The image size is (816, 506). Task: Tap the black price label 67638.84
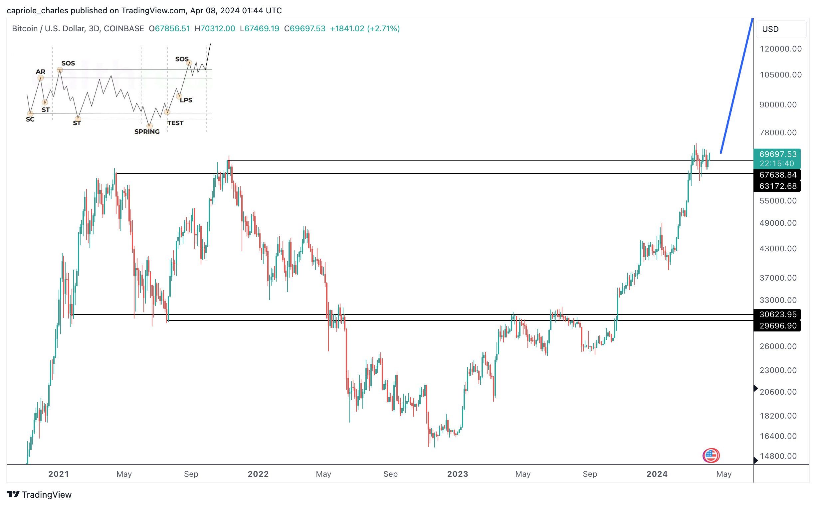coord(777,175)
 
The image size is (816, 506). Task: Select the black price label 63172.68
coord(777,186)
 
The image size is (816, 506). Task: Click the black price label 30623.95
coord(777,315)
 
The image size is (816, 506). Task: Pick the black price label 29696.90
coord(777,326)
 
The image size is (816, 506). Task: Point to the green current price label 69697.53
coord(777,154)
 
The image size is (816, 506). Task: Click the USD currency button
coord(780,29)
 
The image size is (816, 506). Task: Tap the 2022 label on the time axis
coord(258,474)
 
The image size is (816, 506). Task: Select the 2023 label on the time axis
coord(458,474)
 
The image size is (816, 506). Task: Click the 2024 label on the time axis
coord(657,474)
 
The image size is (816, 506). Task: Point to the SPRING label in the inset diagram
coord(147,132)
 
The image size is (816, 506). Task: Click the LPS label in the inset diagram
coord(186,100)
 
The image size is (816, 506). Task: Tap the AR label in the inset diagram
coord(41,71)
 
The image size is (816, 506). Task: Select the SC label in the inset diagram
coord(30,119)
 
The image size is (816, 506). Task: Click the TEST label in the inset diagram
coord(175,123)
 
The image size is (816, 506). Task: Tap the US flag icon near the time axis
coord(711,455)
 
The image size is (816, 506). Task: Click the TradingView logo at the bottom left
coord(39,495)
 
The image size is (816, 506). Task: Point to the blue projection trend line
coord(737,85)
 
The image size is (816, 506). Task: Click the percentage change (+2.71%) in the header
coord(383,29)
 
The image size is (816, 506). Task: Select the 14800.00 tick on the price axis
coord(778,456)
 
